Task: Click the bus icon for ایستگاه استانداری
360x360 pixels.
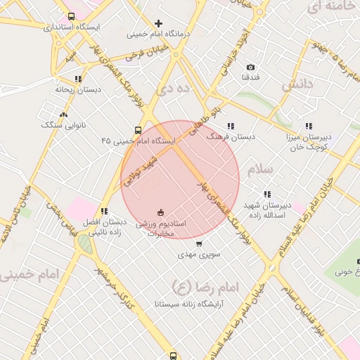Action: (x=71, y=16)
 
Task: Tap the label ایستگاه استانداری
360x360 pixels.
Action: (x=72, y=27)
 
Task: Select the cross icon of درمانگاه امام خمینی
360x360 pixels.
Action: (x=158, y=23)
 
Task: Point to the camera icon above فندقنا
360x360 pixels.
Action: (x=251, y=67)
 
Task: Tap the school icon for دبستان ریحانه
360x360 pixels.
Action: (x=78, y=79)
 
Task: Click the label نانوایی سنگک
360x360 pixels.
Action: (x=63, y=124)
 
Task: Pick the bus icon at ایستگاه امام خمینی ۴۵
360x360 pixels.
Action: (x=138, y=130)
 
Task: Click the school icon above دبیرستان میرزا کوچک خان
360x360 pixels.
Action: (x=309, y=127)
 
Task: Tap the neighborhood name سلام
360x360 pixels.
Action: (x=259, y=169)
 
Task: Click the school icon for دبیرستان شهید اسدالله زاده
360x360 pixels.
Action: (x=266, y=194)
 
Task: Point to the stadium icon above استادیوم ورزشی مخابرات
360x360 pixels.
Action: (x=160, y=212)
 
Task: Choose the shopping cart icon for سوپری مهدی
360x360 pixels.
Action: (x=200, y=243)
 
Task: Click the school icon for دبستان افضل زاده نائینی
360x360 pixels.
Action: (x=104, y=211)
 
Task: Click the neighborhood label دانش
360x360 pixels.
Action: (x=297, y=86)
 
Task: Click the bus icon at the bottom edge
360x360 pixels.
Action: (x=174, y=355)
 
